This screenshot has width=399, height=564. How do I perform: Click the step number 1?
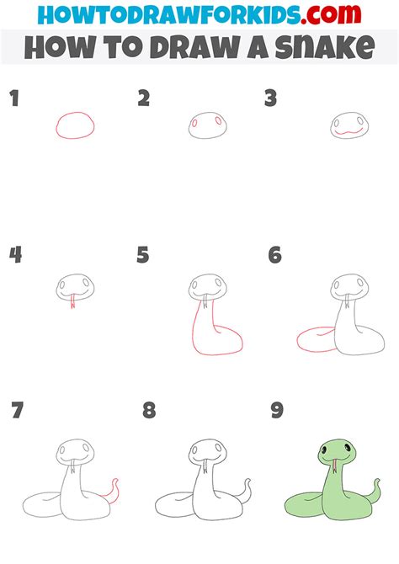point(13,99)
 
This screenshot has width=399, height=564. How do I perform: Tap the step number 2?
point(144,99)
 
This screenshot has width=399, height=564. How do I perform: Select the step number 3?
point(271,99)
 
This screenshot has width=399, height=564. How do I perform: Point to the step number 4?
point(14,254)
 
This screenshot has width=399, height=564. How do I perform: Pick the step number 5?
point(143,254)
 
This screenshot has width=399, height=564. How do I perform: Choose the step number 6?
point(274,254)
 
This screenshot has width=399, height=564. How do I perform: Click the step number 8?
point(148,411)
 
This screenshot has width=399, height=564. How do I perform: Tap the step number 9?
point(277,411)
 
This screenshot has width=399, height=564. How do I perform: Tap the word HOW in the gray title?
point(59,48)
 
